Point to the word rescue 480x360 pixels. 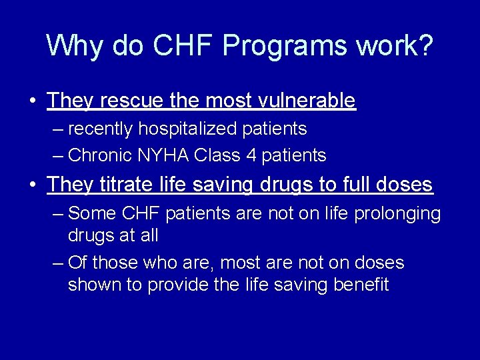coord(127,101)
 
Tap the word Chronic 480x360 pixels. coord(100,155)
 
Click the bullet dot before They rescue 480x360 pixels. coord(33,101)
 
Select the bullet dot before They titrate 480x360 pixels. coord(33,185)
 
